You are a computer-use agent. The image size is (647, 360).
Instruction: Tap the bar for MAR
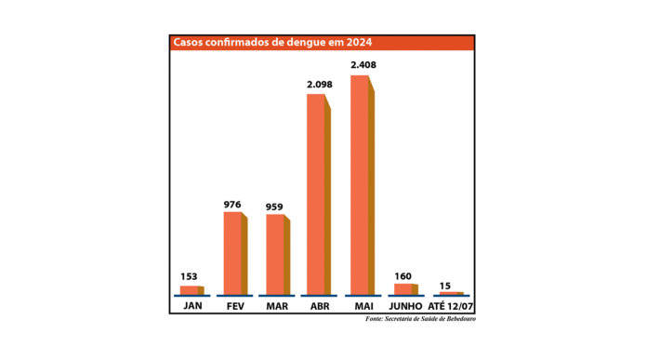(276, 255)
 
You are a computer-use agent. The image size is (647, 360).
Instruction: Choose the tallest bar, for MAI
(361, 184)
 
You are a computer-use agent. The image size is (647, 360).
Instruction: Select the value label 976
(233, 205)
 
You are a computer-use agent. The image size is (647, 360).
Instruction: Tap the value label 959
(274, 207)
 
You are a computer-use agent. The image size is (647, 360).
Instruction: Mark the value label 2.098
(319, 85)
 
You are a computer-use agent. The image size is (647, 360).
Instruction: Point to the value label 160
(403, 275)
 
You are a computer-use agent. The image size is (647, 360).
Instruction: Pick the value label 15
(445, 285)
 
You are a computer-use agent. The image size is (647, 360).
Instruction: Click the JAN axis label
(192, 305)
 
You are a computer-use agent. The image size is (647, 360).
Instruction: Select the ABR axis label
(319, 305)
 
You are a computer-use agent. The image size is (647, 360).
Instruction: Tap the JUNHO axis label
(404, 305)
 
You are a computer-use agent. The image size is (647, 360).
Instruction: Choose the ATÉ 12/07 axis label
(449, 305)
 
